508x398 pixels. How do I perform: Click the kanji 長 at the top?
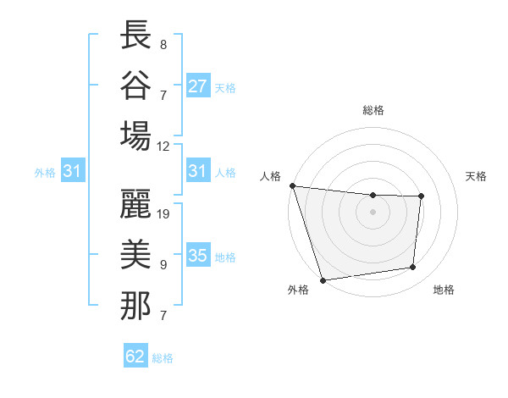[135, 36]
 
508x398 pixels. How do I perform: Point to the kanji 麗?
[135, 206]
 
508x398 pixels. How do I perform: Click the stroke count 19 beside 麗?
[164, 214]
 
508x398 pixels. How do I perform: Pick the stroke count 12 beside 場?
[163, 145]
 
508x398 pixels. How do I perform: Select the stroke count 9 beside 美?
[163, 265]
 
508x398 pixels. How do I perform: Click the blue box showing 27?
[198, 86]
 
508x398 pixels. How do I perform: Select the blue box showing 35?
[198, 256]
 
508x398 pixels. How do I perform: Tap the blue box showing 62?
[135, 356]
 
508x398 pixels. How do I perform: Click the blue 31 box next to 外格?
[73, 171]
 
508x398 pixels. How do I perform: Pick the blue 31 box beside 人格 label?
[198, 171]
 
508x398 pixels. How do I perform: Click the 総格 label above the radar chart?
[373, 109]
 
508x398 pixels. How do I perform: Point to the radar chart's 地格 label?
[444, 290]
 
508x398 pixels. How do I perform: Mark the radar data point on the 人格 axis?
[292, 185]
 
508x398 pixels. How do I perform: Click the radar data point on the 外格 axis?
[323, 280]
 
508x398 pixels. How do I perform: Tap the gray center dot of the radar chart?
[373, 212]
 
